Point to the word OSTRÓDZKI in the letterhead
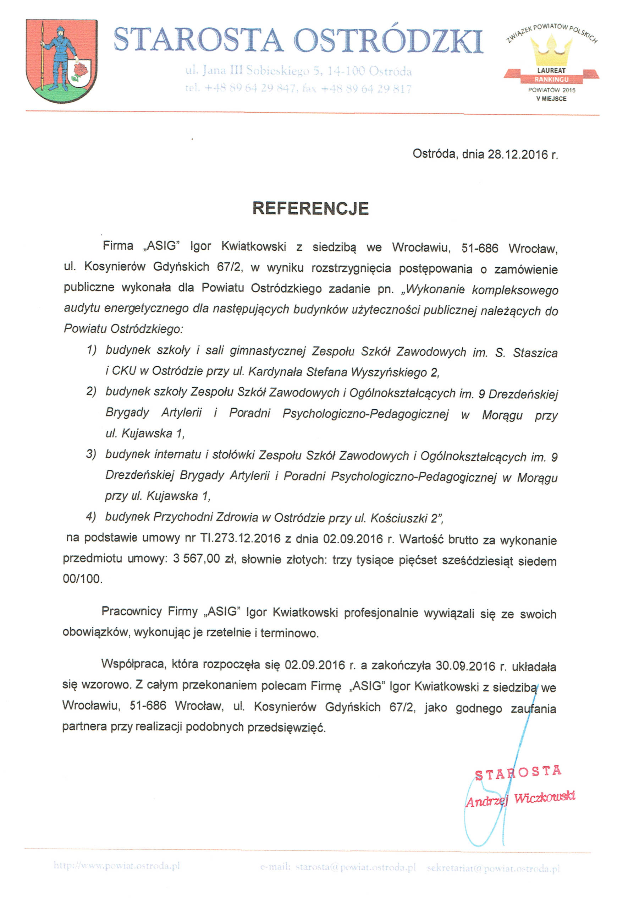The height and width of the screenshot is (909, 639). [388, 41]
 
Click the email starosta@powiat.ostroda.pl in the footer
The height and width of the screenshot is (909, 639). [355, 867]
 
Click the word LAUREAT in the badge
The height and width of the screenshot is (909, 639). [551, 70]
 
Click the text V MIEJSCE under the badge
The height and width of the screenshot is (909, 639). [551, 99]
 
